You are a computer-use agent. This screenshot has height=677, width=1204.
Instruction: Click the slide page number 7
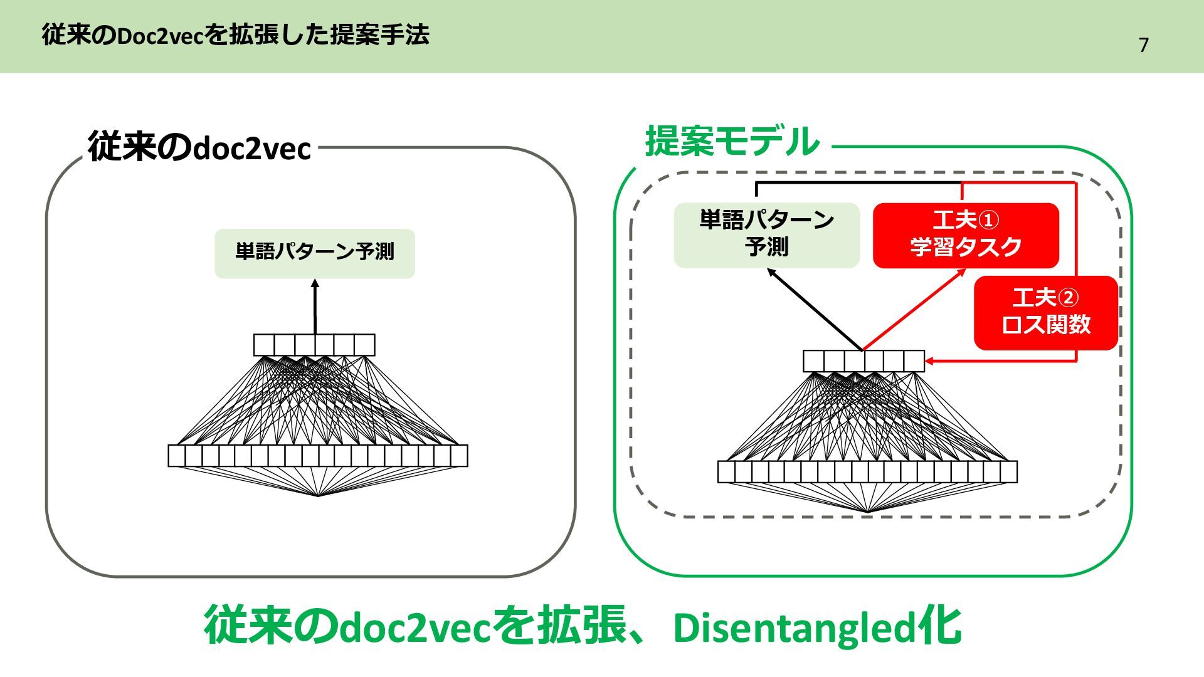coord(1143,45)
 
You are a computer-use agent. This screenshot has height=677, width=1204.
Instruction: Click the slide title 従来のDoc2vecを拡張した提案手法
coord(235,35)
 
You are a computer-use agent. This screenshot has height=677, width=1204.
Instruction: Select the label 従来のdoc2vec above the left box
coord(199,148)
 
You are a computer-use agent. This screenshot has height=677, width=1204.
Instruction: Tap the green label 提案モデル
coord(732,142)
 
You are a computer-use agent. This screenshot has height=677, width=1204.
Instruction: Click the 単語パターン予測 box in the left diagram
coord(314,253)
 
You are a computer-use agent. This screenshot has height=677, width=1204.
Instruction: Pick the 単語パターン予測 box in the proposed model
coord(766,234)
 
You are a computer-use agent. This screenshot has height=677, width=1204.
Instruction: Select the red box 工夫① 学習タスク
coord(965,234)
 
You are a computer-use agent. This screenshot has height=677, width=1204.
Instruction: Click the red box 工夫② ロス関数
coord(1045,312)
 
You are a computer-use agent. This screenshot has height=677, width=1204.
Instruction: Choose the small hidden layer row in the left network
coord(314,345)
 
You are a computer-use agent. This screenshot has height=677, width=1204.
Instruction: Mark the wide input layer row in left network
coord(318,456)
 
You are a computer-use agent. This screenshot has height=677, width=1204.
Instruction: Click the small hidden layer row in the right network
coord(863,361)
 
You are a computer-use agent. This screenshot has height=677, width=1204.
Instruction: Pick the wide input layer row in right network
coord(867,471)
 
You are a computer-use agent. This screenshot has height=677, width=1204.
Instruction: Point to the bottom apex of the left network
coord(318,496)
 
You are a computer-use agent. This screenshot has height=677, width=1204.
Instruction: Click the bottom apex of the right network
coord(867,512)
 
